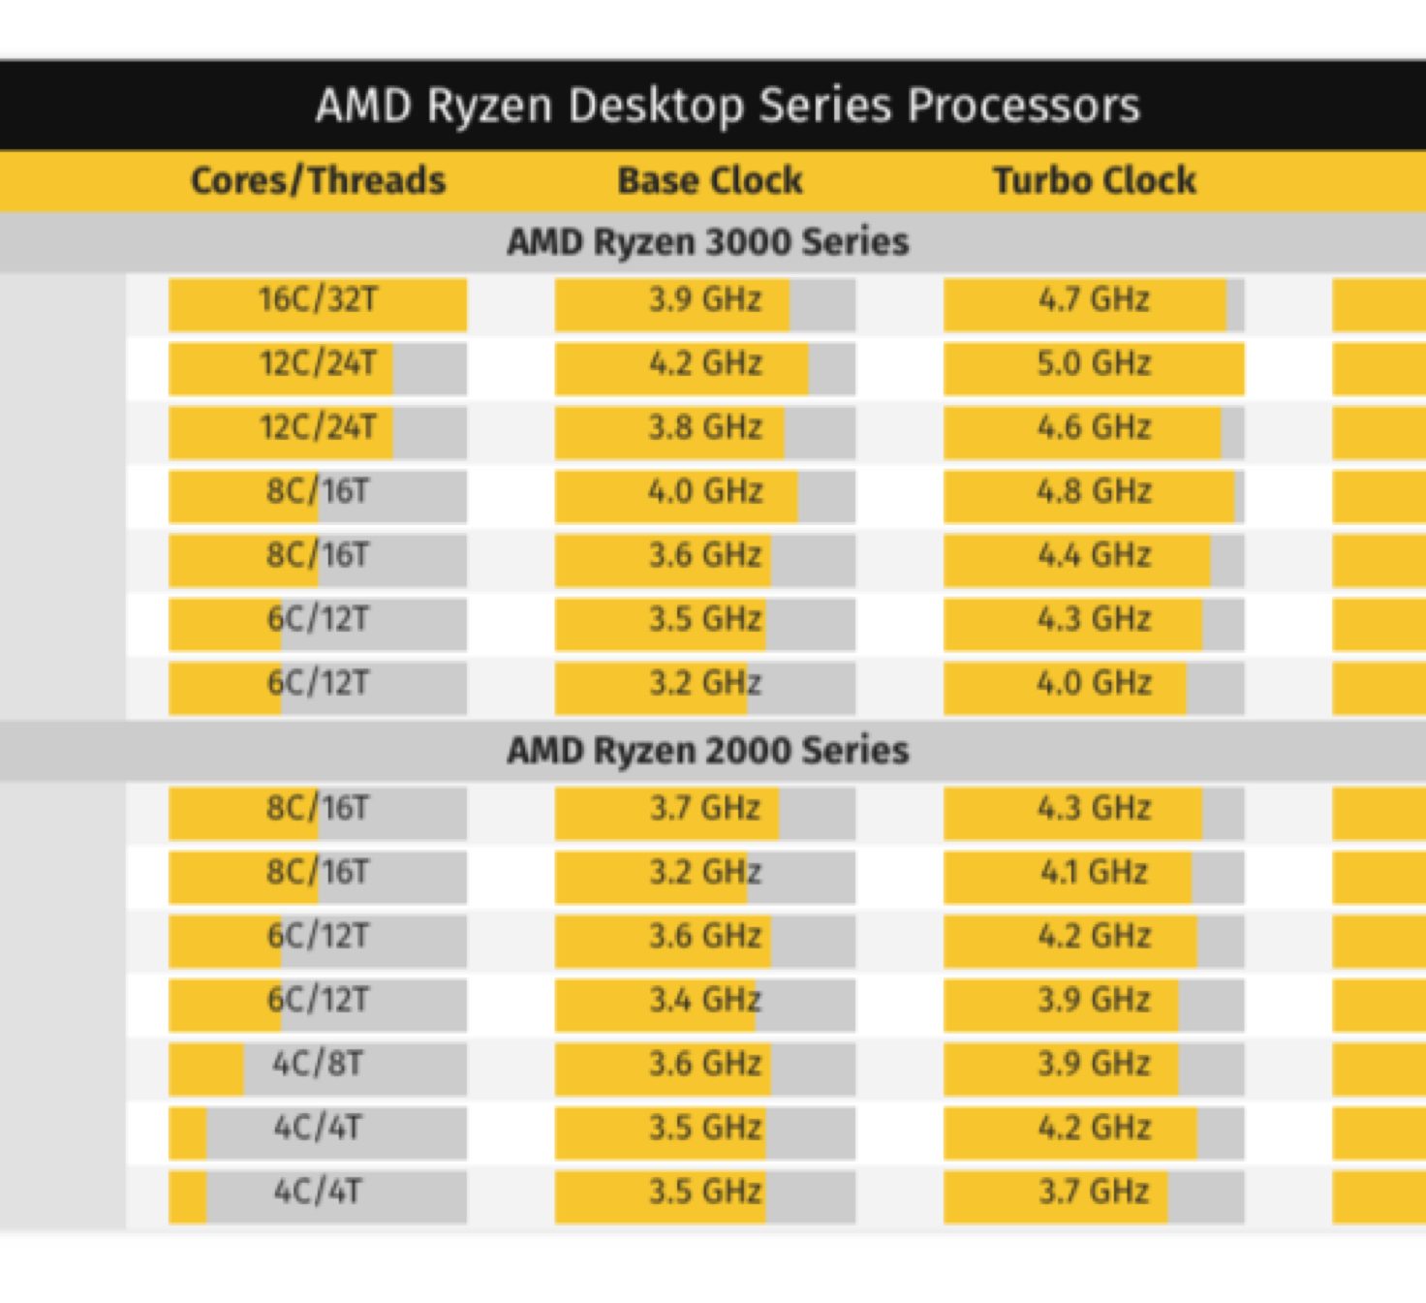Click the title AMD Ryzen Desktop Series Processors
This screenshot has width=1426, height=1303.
click(x=728, y=105)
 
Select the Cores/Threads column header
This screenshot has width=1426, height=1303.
click(x=318, y=180)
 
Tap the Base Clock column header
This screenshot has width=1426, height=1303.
click(x=710, y=180)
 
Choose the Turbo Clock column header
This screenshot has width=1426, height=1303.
click(x=1094, y=180)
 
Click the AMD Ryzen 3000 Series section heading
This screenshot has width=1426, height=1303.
click(x=707, y=241)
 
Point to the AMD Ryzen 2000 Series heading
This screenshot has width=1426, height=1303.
click(x=707, y=750)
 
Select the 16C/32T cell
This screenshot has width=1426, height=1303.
click(x=318, y=299)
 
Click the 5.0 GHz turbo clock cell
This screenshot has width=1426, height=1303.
click(x=1094, y=363)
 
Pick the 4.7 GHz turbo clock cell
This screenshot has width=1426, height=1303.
click(x=1094, y=299)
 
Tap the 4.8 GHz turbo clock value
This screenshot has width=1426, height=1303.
click(x=1094, y=491)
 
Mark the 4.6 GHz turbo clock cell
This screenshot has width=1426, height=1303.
click(x=1094, y=427)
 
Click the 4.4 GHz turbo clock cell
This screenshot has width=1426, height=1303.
click(x=1094, y=555)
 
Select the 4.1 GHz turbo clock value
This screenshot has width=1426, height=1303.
click(x=1094, y=872)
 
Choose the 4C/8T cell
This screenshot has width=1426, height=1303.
click(x=318, y=1064)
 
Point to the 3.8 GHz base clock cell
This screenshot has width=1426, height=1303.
click(x=705, y=427)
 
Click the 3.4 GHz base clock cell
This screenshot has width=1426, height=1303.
click(x=705, y=1000)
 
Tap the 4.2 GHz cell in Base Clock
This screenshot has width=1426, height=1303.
click(x=705, y=363)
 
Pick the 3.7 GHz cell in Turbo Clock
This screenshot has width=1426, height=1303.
click(x=1094, y=1192)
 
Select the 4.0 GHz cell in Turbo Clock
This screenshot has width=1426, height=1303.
click(x=1094, y=683)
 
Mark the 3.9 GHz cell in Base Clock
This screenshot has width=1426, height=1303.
click(x=705, y=299)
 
